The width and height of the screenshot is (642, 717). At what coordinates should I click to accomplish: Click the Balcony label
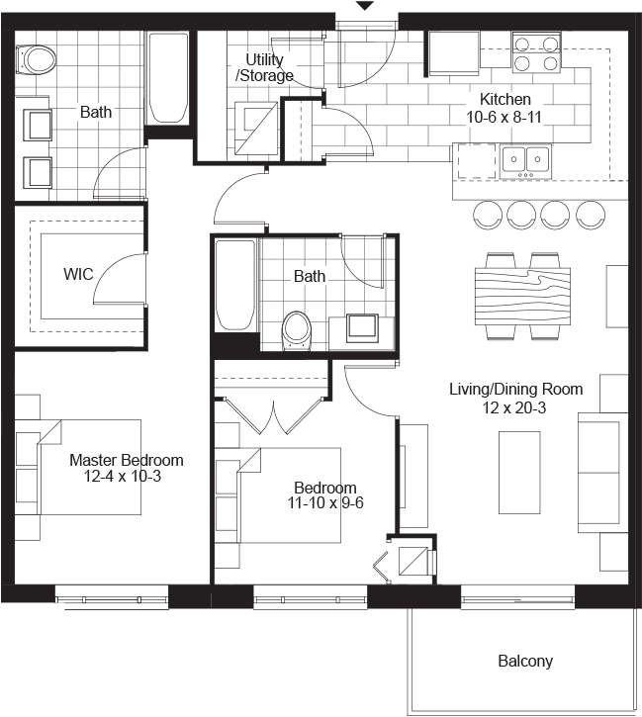pos(525,662)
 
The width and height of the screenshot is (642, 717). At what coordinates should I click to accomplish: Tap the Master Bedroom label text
pos(126,460)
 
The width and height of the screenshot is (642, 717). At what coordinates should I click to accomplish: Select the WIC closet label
pos(78,274)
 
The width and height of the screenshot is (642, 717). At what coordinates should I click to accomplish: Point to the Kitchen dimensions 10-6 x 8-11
pos(505,117)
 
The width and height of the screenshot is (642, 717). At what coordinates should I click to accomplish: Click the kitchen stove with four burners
pos(535,52)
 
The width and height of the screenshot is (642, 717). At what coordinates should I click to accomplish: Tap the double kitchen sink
pos(525,158)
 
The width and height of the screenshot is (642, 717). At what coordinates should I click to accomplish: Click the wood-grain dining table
pos(523,296)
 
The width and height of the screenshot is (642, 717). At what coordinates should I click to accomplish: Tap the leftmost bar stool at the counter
pos(488,213)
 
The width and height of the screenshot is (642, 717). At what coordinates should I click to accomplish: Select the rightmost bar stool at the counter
pos(592,213)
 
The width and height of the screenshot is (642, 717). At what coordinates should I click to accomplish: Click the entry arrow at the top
pos(365,6)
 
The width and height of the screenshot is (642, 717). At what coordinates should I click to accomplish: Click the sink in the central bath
pos(362,325)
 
